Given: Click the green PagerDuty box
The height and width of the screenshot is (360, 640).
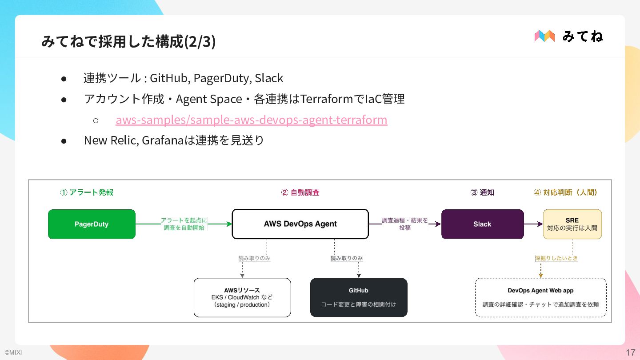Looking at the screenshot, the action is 92,224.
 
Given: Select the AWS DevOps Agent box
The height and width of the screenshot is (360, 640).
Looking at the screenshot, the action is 300,224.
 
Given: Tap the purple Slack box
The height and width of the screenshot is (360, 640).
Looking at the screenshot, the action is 483,224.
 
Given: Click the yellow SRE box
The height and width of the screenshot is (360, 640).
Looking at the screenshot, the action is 572,224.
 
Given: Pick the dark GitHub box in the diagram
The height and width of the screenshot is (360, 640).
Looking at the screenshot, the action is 359,297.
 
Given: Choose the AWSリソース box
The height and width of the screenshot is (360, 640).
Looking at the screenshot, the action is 242,297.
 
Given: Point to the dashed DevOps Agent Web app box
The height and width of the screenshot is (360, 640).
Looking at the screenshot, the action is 540,297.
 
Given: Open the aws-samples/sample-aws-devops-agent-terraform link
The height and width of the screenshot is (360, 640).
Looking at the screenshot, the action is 252,120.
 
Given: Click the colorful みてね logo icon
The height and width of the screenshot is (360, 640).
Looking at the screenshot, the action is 544,36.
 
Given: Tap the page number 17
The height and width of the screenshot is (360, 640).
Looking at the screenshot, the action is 631,352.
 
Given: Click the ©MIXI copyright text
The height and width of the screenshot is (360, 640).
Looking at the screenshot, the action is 13,352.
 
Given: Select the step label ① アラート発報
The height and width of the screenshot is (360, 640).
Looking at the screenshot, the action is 87,192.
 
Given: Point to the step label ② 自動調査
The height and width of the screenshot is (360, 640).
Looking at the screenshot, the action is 300,192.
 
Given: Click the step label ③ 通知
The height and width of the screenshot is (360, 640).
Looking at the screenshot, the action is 482,192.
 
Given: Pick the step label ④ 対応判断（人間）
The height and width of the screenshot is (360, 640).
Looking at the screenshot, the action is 566,192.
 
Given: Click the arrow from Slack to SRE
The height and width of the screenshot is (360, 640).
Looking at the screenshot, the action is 533,224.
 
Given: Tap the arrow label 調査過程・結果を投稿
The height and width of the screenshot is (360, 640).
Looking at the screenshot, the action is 405,224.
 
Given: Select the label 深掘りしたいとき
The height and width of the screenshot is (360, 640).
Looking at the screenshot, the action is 556,258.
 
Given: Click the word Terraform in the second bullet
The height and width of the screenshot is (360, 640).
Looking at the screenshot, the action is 327,99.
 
